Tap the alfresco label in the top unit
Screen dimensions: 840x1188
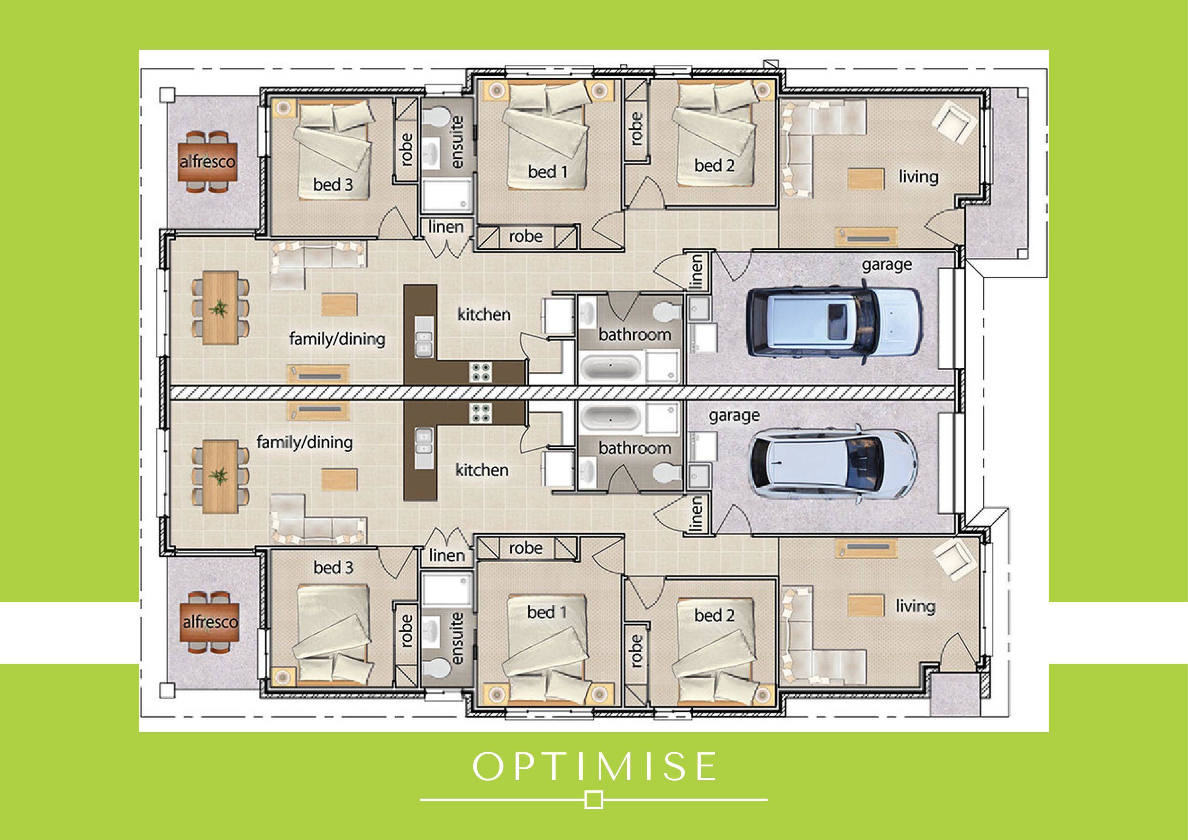coord(207,162)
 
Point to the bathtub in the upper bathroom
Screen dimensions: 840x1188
coord(611,368)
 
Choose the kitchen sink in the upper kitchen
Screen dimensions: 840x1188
coord(424,344)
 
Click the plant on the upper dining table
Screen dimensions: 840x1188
coord(220,309)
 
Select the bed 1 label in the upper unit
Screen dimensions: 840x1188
coord(547,172)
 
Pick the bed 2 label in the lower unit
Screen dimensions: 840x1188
coord(714,615)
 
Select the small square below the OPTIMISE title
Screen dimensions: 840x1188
coord(594,800)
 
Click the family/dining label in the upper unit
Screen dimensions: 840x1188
coord(337,339)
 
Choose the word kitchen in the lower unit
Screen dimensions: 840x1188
coord(482,470)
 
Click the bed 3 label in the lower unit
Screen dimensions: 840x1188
coord(333,568)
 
